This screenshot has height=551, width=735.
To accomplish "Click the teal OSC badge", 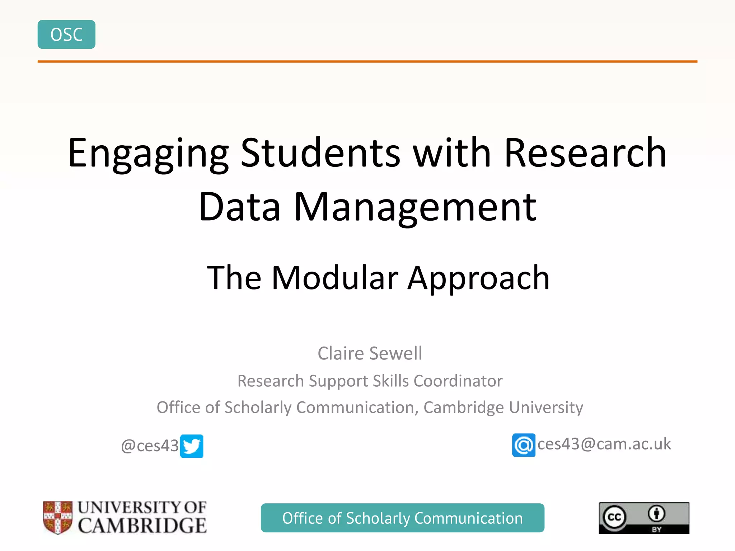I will pos(66,34).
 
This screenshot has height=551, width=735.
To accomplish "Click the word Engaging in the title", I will pos(148,154).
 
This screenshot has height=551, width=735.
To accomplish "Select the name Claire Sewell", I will pos(370,353).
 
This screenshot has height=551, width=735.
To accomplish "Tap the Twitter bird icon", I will pos(192,446).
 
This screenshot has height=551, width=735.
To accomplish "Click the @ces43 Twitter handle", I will pos(150,446).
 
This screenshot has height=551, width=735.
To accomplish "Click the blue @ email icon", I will pos(524,445).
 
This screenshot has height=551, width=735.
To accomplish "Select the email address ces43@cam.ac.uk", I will pos(604,444).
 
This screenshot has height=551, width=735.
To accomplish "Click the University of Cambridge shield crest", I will pos(58,517).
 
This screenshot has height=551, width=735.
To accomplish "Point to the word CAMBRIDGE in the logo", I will pos(142,526).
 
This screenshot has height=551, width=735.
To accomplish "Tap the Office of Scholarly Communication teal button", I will pos(402,518).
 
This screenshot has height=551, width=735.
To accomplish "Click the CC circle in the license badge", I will pos(614,517).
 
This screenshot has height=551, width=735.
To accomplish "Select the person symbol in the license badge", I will pos(656,513).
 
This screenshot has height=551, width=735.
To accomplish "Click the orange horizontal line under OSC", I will pos(367,62).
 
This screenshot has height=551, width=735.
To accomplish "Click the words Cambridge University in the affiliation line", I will pos(503,407).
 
